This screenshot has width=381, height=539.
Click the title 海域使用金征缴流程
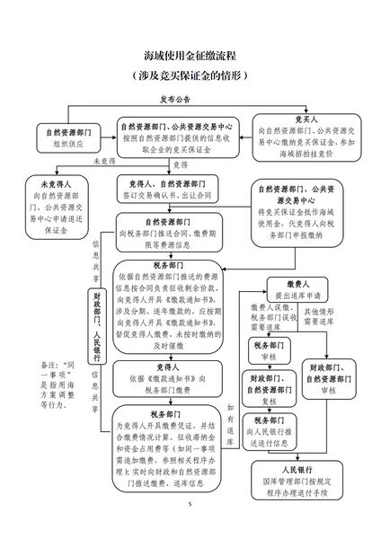(x=190, y=57)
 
